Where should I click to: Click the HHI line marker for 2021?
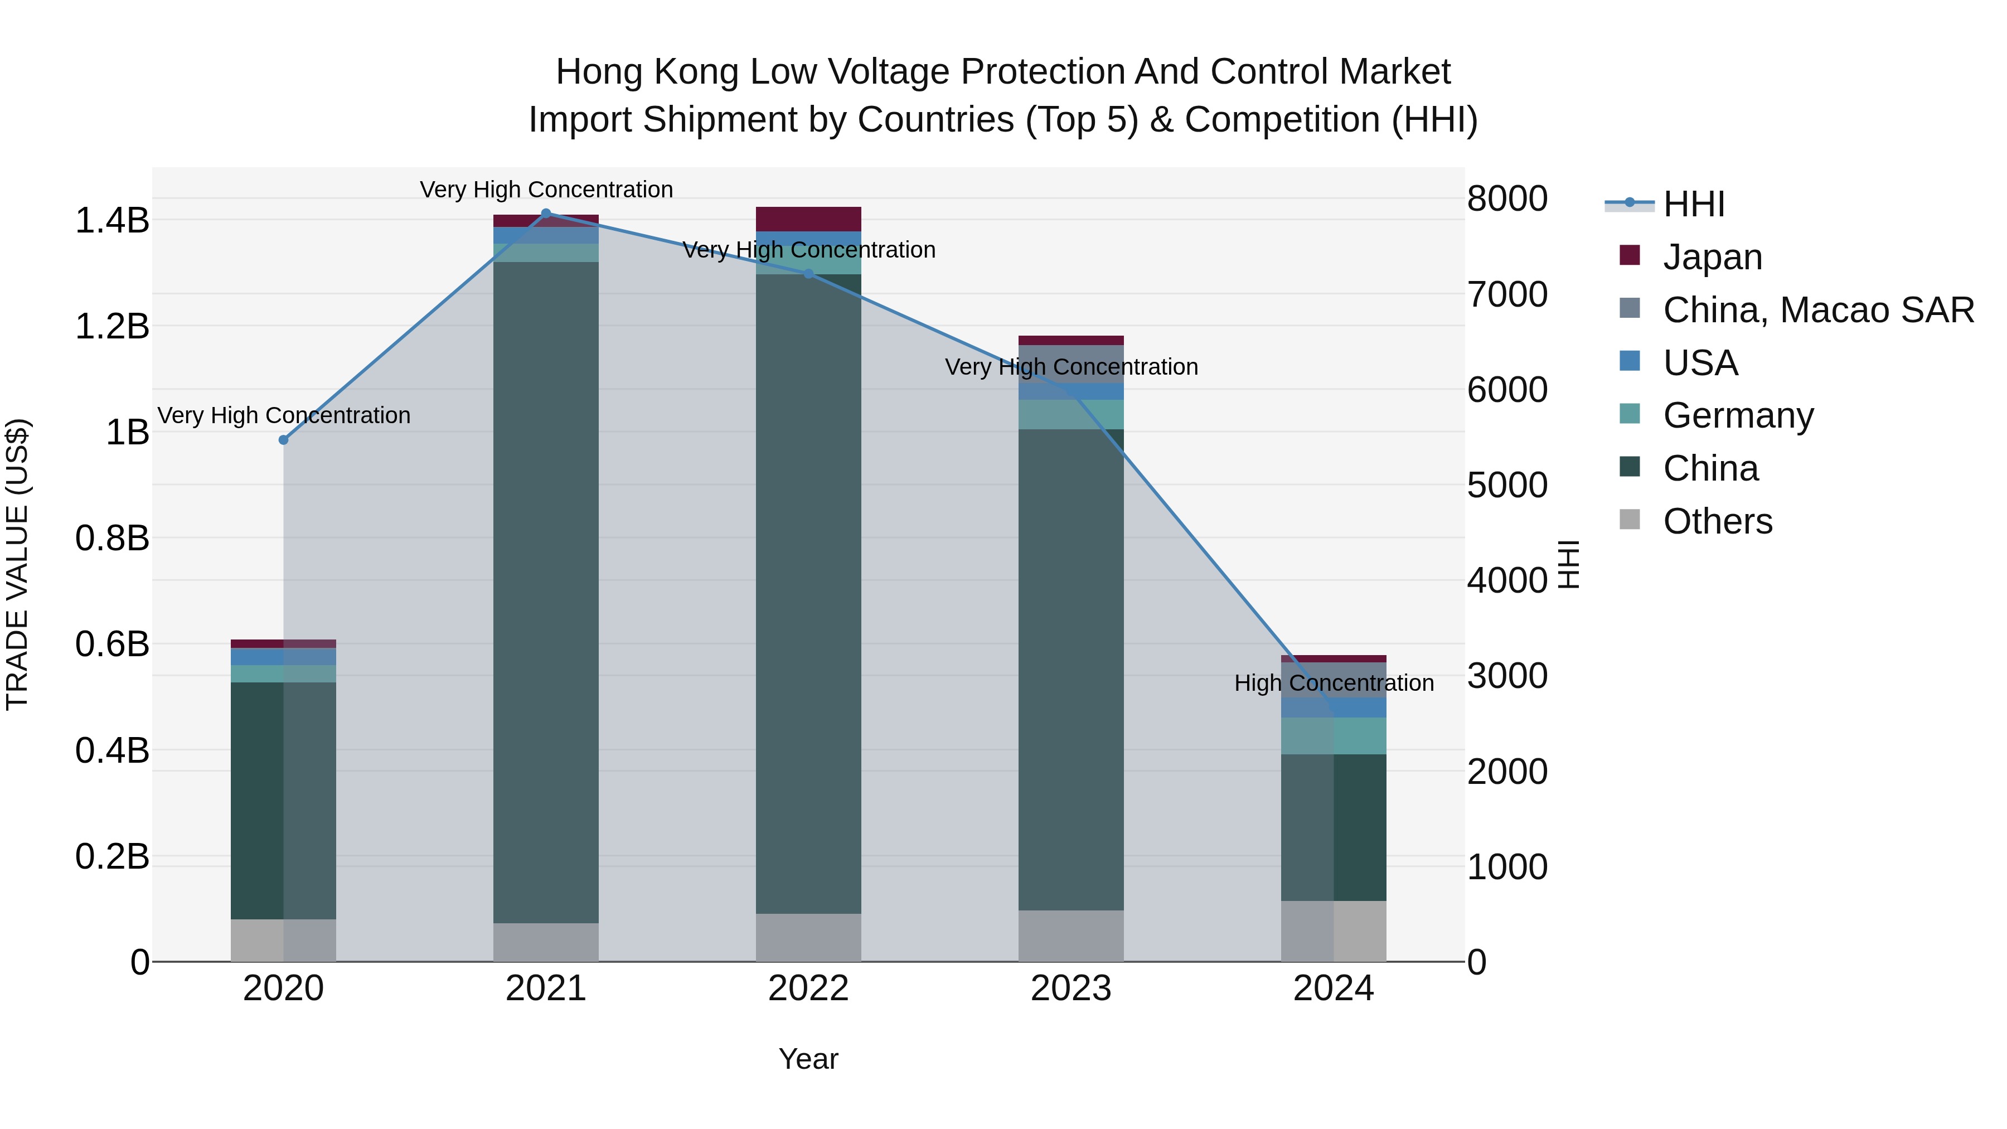click(545, 213)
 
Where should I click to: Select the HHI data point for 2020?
click(284, 440)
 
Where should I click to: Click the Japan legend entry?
click(1712, 257)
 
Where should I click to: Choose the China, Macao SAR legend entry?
click(1817, 310)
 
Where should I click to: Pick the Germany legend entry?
click(1737, 415)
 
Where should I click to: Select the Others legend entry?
click(1717, 521)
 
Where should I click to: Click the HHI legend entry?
click(1693, 204)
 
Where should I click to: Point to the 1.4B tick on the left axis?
click(111, 220)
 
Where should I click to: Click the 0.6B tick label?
click(111, 645)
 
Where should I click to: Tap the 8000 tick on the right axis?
click(1507, 198)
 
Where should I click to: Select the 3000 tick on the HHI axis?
click(1507, 676)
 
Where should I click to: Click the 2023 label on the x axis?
click(1070, 989)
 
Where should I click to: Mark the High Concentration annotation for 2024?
click(1333, 684)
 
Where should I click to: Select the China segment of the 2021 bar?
click(545, 592)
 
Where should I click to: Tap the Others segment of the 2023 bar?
click(1070, 936)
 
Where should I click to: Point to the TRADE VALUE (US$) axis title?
click(17, 564)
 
